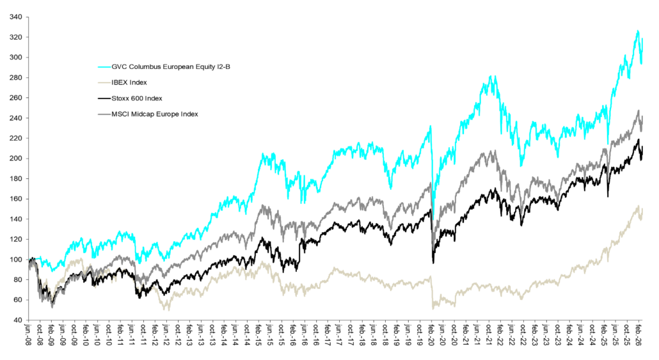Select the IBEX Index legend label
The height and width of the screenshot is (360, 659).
[x=128, y=82]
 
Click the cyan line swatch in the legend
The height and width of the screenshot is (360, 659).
[x=103, y=66]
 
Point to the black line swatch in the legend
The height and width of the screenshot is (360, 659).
[x=103, y=98]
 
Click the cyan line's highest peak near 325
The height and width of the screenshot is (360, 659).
[x=637, y=31]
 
